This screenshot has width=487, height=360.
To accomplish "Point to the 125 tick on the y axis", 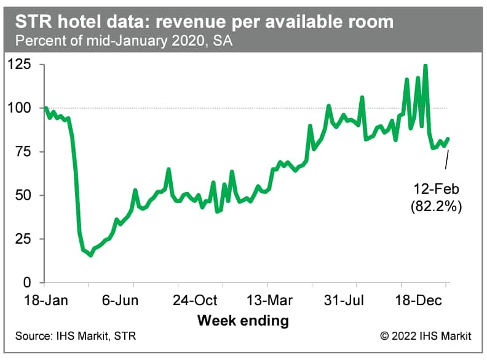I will [x=25, y=64].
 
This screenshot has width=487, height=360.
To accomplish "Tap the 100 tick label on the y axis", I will [x=25, y=108].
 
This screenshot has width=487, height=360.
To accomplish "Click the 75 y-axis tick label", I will [x=28, y=151].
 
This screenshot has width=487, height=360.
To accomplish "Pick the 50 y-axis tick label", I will [x=28, y=195].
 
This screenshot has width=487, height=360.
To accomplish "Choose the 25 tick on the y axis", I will [x=28, y=239].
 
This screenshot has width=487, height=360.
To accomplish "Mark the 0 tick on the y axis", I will [x=32, y=282].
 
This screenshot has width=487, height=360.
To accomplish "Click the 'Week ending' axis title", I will [x=243, y=320].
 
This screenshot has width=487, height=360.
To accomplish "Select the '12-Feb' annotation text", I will [x=435, y=189].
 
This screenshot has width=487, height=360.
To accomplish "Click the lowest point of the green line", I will [x=91, y=255].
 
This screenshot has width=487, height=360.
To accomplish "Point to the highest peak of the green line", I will [x=426, y=65].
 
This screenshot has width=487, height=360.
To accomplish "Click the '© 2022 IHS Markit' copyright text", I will [x=426, y=336].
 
